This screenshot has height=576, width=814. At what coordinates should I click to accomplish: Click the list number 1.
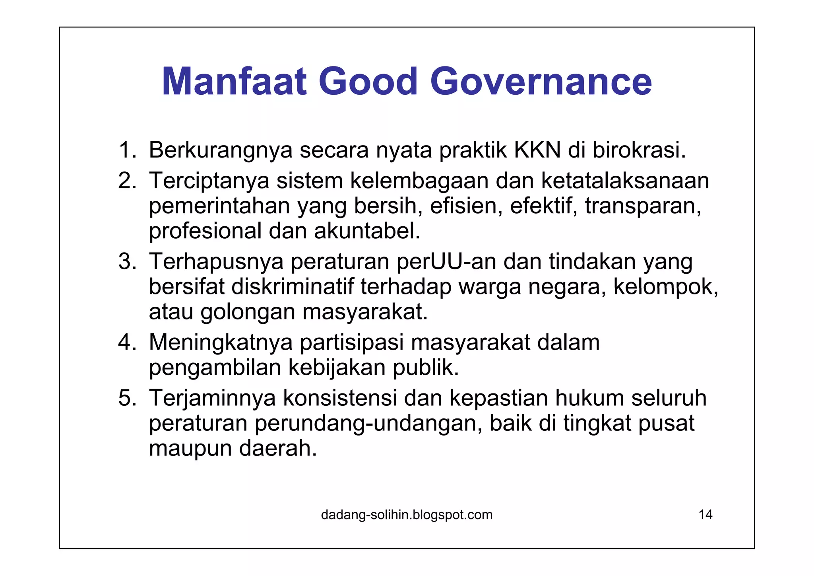[126, 150]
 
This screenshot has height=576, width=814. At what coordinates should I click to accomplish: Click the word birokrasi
[640, 150]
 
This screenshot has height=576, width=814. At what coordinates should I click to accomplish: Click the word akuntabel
[367, 231]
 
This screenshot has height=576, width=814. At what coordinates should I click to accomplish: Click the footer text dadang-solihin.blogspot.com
[407, 515]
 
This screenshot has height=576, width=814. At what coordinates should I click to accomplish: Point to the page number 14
[705, 515]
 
